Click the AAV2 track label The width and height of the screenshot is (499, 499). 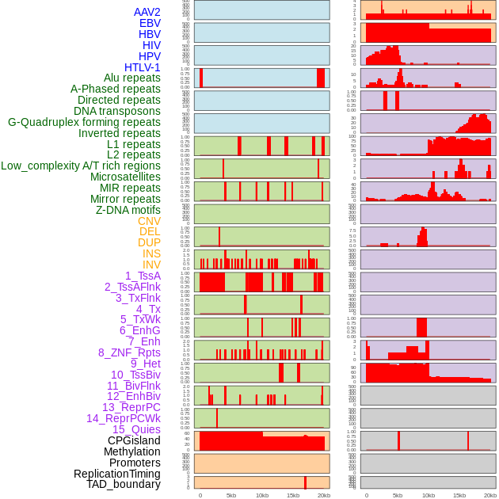(x=147, y=12)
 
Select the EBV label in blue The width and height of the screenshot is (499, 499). (x=150, y=23)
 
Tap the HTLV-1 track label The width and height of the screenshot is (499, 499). (x=143, y=67)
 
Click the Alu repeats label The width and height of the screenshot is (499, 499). (x=132, y=78)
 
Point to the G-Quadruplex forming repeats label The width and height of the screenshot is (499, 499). (x=84, y=122)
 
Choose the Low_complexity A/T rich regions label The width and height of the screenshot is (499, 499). (x=81, y=166)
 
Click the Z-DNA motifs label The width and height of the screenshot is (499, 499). (x=128, y=210)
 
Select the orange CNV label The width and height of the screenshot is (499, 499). (x=149, y=221)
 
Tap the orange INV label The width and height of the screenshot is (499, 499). (x=151, y=265)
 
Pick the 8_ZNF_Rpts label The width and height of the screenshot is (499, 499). (x=129, y=352)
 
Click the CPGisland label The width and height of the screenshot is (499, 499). (x=134, y=440)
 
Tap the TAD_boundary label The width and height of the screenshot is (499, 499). (x=124, y=484)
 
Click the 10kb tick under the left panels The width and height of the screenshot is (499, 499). (x=262, y=495)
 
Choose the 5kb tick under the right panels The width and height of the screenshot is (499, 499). (x=398, y=495)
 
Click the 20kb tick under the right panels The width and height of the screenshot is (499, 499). (x=490, y=495)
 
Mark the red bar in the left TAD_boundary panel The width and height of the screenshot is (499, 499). (x=306, y=482)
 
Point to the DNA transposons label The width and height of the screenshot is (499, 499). (x=117, y=111)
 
